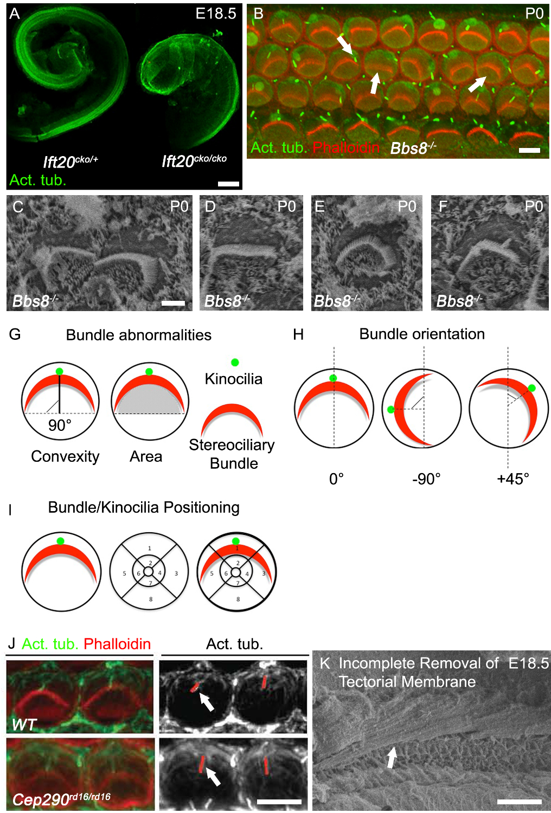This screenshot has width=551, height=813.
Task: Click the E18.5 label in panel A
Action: click(216, 14)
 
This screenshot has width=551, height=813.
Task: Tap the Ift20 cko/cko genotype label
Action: click(194, 160)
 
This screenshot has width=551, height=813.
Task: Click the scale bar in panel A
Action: click(228, 184)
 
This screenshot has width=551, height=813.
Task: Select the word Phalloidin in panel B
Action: click(346, 147)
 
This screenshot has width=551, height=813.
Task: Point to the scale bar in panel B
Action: click(529, 150)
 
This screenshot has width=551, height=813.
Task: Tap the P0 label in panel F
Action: click(534, 207)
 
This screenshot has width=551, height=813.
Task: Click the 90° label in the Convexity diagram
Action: click(60, 425)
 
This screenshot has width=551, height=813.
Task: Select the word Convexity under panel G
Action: click(65, 456)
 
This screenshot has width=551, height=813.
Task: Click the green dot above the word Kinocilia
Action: click(235, 363)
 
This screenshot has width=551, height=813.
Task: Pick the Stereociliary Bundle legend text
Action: click(232, 454)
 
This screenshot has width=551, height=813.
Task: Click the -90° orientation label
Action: click(426, 479)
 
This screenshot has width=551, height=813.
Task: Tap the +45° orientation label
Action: click(513, 479)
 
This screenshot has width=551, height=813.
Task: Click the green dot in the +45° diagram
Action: click(531, 388)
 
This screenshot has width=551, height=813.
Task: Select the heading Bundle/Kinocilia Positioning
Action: click(144, 507)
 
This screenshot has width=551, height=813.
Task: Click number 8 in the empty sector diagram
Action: click(151, 599)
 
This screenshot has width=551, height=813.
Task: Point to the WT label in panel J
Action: click(24, 724)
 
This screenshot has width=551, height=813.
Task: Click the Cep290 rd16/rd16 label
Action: click(61, 799)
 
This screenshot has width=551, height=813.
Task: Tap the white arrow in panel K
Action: click(392, 757)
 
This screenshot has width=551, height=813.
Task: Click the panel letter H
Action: click(298, 335)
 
